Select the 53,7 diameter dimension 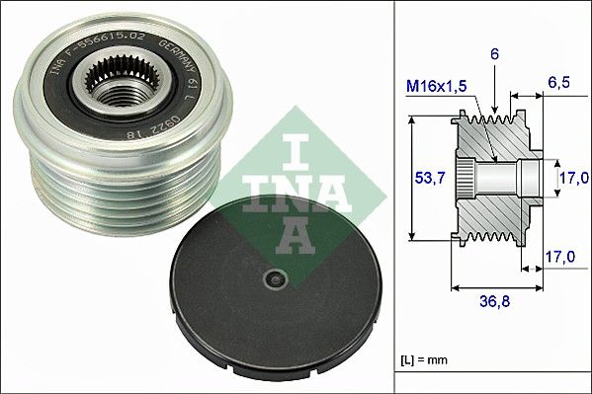pyautogui.click(x=424, y=178)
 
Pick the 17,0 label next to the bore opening pyautogui.click(x=572, y=178)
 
